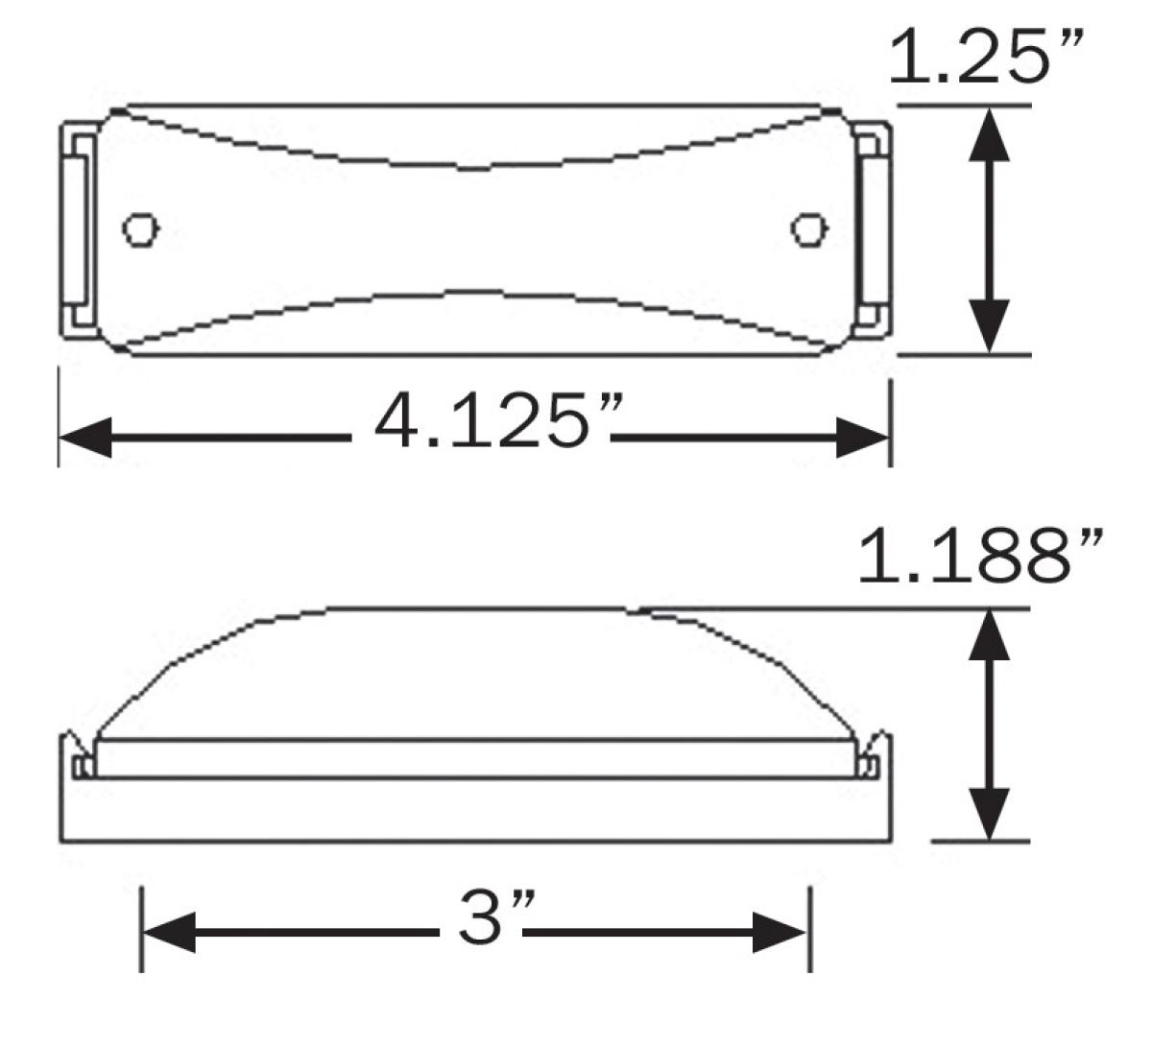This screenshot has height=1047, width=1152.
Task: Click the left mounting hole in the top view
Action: pyautogui.click(x=141, y=228)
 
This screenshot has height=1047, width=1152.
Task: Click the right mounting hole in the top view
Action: pyautogui.click(x=808, y=228)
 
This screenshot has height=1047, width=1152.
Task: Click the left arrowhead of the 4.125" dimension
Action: pyautogui.click(x=86, y=438)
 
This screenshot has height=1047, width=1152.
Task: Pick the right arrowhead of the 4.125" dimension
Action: pyautogui.click(x=864, y=438)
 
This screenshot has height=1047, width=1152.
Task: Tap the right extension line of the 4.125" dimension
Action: pyautogui.click(x=892, y=422)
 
